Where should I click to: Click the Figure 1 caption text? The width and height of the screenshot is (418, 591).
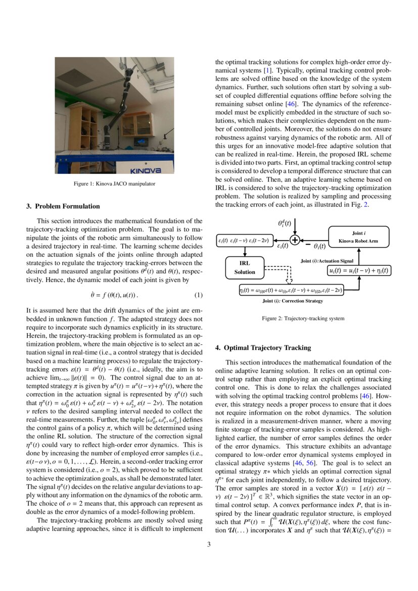[114, 184]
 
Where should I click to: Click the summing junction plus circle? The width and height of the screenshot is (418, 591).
[294, 240]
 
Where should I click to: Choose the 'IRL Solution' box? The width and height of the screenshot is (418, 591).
[245, 267]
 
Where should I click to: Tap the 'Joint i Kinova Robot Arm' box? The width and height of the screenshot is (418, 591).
[358, 237]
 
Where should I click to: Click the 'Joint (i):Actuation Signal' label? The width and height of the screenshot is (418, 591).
[327, 260]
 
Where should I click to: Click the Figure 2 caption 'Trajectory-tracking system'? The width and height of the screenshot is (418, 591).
[303, 319]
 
